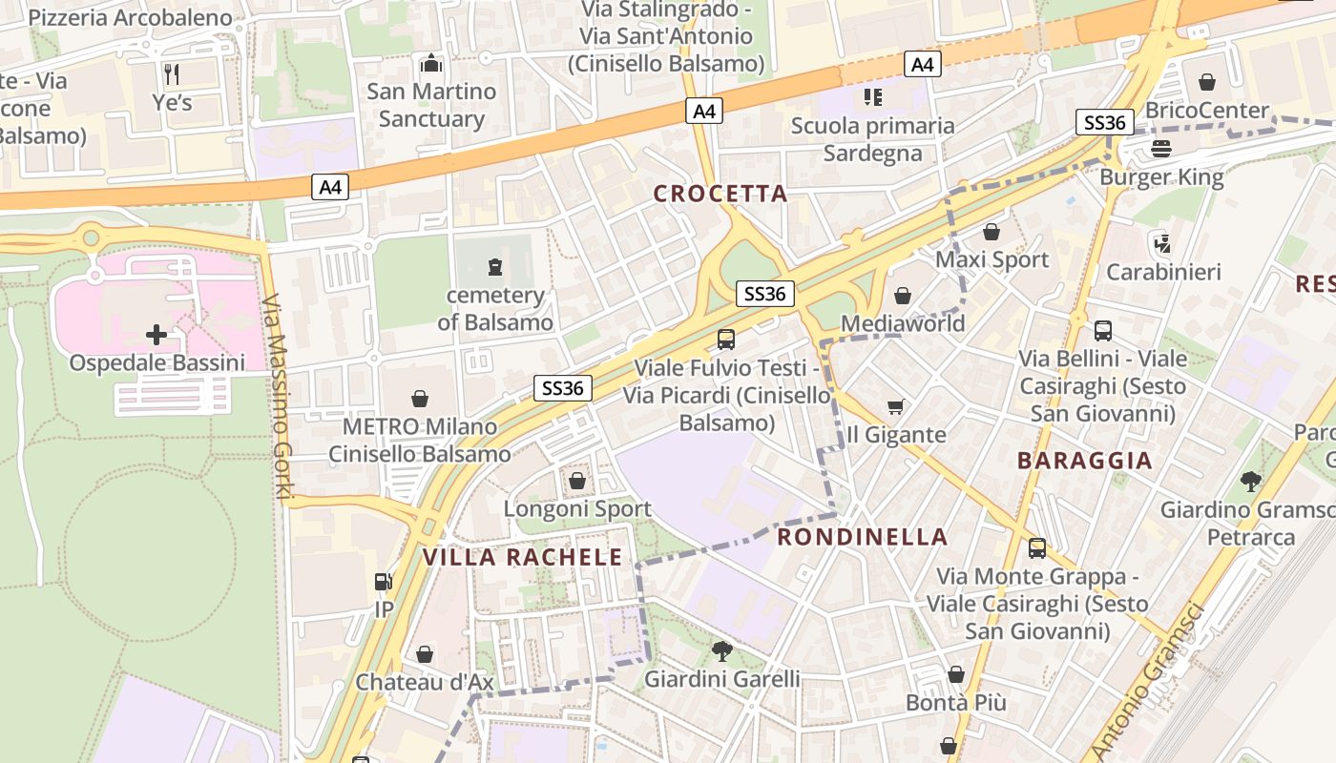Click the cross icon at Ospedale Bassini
click(x=157, y=335)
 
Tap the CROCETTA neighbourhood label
click(x=720, y=194)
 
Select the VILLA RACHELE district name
click(x=522, y=557)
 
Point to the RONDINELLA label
click(x=863, y=537)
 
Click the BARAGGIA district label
click(x=1085, y=461)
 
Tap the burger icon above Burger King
click(x=1161, y=149)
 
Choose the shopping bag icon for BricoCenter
click(x=1207, y=82)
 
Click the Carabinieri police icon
click(x=1161, y=243)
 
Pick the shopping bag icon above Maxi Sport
click(x=992, y=232)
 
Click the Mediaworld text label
click(x=903, y=323)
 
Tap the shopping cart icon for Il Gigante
click(x=895, y=407)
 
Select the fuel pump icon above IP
click(x=383, y=581)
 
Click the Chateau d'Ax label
click(x=425, y=682)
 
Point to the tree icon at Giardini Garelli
click(x=722, y=651)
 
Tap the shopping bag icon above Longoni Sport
click(x=577, y=481)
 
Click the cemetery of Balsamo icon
click(x=494, y=267)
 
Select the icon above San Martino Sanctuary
click(x=431, y=63)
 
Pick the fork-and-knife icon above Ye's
click(x=172, y=73)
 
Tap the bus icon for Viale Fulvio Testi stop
click(x=726, y=339)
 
